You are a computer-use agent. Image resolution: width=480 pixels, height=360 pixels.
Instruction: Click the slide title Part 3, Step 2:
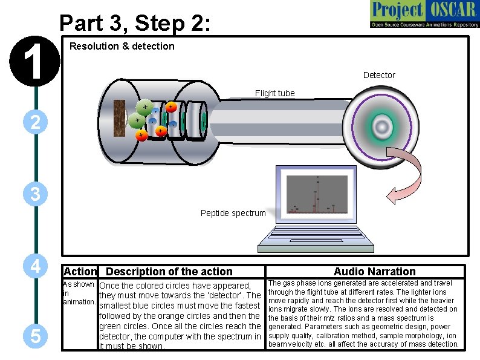135,23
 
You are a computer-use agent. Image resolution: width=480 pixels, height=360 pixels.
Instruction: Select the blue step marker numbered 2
36,123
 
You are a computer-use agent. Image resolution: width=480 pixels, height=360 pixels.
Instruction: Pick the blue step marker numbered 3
36,195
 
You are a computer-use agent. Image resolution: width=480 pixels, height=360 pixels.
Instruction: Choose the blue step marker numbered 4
36,266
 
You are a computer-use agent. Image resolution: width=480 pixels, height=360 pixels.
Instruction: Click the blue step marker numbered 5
36,337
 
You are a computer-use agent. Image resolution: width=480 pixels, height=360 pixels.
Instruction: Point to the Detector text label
379,75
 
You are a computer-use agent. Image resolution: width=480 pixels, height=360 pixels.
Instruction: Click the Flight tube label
274,93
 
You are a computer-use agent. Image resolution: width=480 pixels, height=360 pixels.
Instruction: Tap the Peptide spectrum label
233,213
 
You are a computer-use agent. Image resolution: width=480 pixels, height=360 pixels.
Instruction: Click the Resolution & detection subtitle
122,46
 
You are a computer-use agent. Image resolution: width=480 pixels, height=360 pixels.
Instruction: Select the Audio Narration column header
375,272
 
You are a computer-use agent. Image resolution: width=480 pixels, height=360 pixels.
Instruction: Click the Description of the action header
169,272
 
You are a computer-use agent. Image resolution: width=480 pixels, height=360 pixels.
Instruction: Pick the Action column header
80,272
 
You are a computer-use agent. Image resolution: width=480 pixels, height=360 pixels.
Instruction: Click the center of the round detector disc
381,126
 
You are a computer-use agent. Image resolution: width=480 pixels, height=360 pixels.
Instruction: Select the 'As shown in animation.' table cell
79,293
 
